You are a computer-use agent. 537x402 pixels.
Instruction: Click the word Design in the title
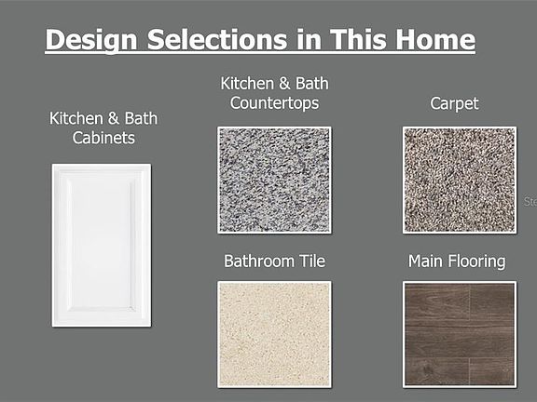pos(91,40)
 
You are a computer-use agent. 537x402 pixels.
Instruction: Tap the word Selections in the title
pos(217,40)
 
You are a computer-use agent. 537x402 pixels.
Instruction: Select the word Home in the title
pos(435,40)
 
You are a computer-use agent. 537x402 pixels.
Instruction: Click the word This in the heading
pos(359,40)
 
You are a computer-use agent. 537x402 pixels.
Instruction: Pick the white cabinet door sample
pos(102,246)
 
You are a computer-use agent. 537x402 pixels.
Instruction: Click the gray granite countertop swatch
pos(274,181)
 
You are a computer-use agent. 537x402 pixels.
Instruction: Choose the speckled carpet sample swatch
pos(460,181)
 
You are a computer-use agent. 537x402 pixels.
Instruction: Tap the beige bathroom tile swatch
pos(274,334)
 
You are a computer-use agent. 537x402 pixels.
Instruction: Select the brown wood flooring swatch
pos(460,334)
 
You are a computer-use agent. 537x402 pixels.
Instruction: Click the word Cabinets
pos(103,138)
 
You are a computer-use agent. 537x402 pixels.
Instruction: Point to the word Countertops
pos(274,103)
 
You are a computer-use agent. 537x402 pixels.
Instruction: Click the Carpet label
pos(454,104)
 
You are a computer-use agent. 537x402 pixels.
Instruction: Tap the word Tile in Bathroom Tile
pos(312,261)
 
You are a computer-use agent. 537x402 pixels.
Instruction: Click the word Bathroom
pos(259,261)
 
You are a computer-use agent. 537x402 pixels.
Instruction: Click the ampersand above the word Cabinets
pos(114,118)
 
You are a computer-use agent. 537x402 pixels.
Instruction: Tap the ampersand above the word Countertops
pos(284,84)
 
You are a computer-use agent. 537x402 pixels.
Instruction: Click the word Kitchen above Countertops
pos(247,84)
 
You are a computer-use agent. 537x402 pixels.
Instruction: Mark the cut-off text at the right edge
pos(530,201)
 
